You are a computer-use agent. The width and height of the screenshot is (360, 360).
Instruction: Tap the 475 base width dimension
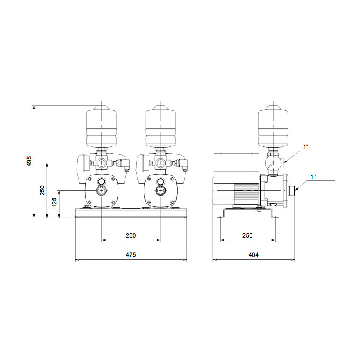(x=131, y=255)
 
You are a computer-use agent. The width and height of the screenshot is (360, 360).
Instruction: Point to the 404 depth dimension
(x=253, y=255)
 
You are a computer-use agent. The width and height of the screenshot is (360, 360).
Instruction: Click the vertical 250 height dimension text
(x=42, y=190)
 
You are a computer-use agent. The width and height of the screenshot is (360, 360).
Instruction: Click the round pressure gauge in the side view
(x=271, y=163)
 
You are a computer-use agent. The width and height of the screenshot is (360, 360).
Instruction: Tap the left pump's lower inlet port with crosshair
(x=101, y=190)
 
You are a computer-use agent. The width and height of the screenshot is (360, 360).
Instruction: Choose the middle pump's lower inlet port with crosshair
(x=160, y=190)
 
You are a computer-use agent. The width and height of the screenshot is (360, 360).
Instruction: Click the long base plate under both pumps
(x=131, y=213)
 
